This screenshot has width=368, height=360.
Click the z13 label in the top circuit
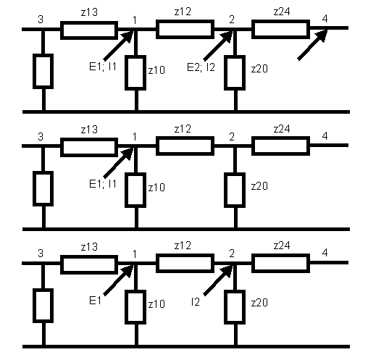pyautogui.click(x=89, y=12)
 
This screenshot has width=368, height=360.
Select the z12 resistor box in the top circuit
pyautogui.click(x=185, y=29)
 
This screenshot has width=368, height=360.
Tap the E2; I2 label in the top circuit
pyautogui.click(x=201, y=67)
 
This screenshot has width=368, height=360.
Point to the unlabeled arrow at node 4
pyautogui.click(x=312, y=45)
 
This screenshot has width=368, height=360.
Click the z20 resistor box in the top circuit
pyautogui.click(x=235, y=72)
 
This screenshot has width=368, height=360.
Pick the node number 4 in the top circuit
pyautogui.click(x=325, y=19)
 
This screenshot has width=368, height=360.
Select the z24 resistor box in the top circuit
pyautogui.click(x=280, y=29)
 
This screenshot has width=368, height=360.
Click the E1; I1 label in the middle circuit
pyautogui.click(x=103, y=184)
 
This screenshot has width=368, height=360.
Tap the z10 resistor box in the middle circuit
pyautogui.click(x=135, y=190)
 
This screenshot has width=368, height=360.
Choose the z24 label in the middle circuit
pyautogui.click(x=282, y=129)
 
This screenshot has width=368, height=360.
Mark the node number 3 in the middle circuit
pyautogui.click(x=41, y=137)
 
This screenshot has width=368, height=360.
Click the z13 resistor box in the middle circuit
pyautogui.click(x=89, y=147)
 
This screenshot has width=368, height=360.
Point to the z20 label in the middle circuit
pyautogui.click(x=259, y=186)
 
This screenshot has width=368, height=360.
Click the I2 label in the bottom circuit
pyautogui.click(x=196, y=302)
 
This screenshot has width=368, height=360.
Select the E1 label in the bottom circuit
pyautogui.click(x=95, y=301)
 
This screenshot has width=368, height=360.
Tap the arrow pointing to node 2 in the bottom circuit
pyautogui.click(x=218, y=280)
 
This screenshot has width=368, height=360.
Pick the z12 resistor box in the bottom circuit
pyautogui.click(x=185, y=263)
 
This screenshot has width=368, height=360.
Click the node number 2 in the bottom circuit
pyautogui.click(x=232, y=254)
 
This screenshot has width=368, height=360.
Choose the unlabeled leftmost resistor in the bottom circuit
pyautogui.click(x=43, y=306)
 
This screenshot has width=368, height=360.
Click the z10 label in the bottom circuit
pyautogui.click(x=156, y=304)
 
